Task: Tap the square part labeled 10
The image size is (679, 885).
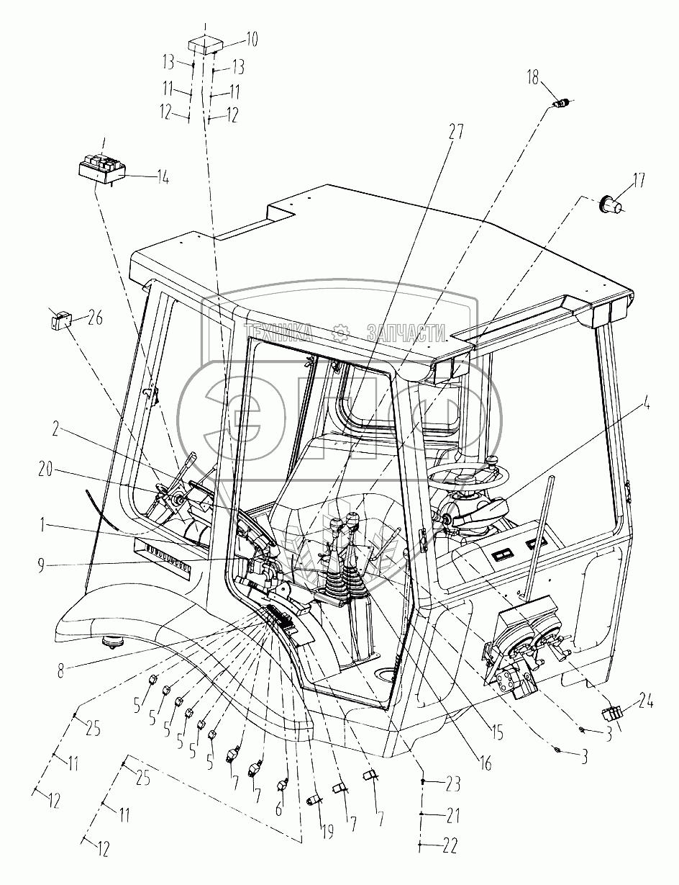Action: tap(205, 46)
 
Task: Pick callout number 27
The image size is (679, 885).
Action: tap(455, 132)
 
